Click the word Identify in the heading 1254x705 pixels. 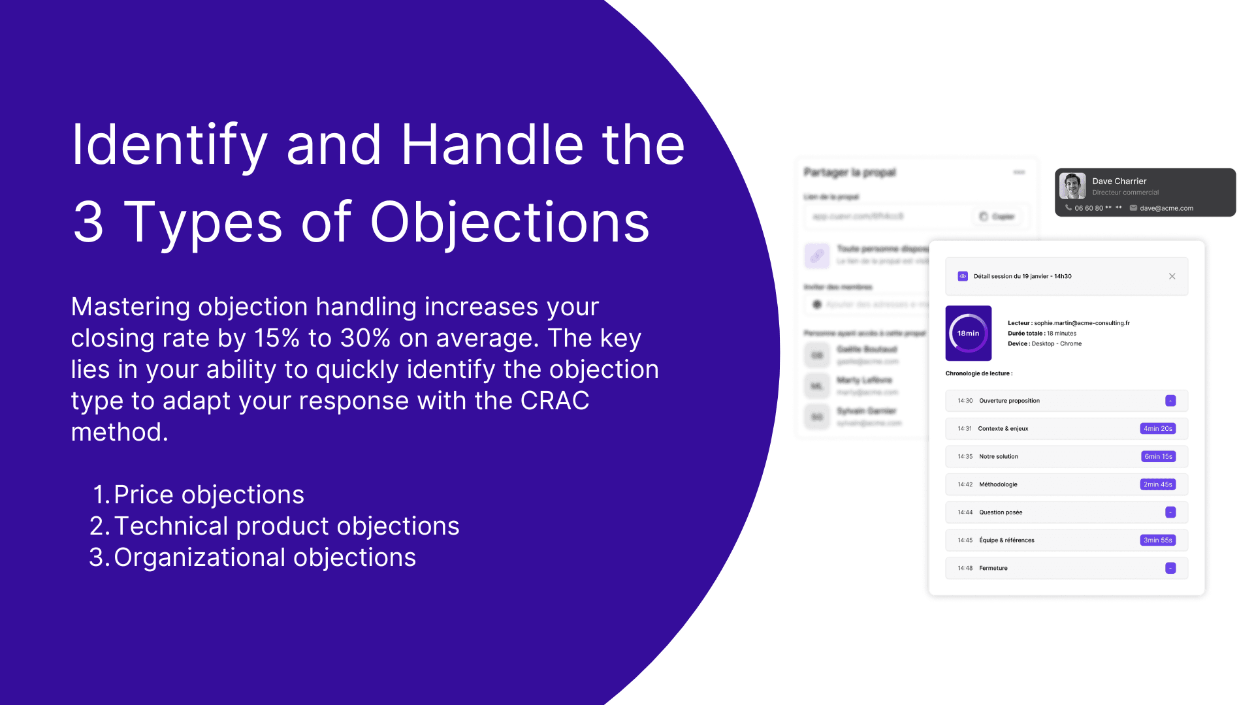(169, 145)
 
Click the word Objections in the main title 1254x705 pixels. (509, 223)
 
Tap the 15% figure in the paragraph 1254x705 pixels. (276, 338)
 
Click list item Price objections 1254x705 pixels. (208, 495)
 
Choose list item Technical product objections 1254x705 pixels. (286, 526)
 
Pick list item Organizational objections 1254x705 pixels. (265, 557)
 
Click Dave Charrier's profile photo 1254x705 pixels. (1072, 186)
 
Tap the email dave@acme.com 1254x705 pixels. (1166, 208)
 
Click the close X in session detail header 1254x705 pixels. (1172, 276)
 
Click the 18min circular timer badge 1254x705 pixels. (968, 333)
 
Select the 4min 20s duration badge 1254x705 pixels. (1157, 429)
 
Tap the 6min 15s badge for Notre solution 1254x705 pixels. (1158, 457)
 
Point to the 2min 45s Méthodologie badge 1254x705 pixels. (1157, 484)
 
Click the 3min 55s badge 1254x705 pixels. (1157, 540)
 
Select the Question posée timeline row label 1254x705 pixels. (1000, 512)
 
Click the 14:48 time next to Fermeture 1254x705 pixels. (965, 569)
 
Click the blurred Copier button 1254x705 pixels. (997, 217)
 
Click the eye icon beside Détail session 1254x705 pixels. (962, 276)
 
